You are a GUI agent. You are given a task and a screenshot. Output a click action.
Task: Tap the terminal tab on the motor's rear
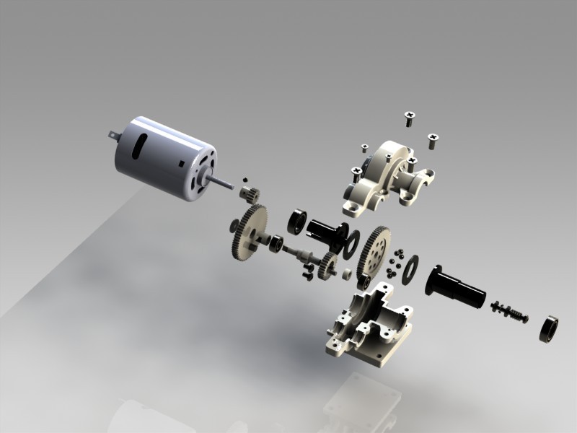[x=113, y=134]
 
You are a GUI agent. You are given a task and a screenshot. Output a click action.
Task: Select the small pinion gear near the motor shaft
[x=250, y=194]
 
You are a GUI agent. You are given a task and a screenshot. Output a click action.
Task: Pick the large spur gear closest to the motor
[x=249, y=231]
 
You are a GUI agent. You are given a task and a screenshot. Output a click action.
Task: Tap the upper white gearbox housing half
[x=389, y=177]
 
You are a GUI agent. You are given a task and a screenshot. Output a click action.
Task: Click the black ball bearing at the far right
[x=552, y=329]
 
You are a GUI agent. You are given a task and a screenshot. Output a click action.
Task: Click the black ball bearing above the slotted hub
[x=297, y=221]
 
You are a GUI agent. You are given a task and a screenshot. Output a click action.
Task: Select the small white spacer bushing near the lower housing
[x=346, y=274]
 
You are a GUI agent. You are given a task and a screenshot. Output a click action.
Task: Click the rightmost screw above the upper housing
[x=433, y=139]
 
